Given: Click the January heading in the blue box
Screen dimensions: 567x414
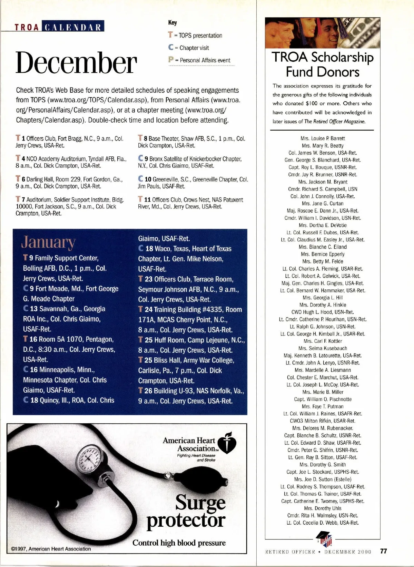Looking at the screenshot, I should [x=48, y=242].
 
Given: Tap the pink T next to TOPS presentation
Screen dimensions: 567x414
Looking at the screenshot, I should [x=170, y=35].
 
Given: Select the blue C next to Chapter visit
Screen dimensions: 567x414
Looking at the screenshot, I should [x=170, y=48].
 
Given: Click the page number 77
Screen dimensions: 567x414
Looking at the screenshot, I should [x=383, y=551].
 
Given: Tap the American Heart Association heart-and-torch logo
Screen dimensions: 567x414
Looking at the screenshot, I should [x=227, y=443].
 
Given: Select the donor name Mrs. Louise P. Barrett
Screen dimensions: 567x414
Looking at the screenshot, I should [x=323, y=138].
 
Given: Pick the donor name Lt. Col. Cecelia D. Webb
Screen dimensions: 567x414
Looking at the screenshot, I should [x=323, y=523].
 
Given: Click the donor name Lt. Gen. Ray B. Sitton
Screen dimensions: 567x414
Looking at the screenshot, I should [x=323, y=457].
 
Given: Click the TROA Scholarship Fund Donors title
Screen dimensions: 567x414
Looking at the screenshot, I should [x=323, y=64].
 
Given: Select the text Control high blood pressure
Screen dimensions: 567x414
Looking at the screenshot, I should [x=179, y=543].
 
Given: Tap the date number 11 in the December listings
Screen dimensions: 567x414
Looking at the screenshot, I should [x=147, y=200].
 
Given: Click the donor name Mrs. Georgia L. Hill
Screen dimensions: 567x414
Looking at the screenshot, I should [x=323, y=298].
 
